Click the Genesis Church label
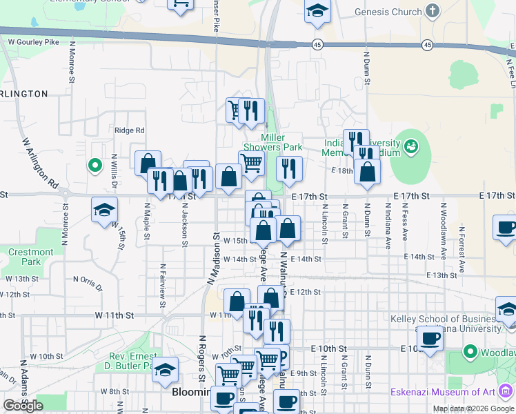coord(387,12)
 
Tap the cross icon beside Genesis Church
coord(433,11)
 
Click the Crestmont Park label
coord(31,257)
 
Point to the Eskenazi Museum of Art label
coord(453,392)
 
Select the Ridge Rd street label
coord(130,130)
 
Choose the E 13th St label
coord(447,275)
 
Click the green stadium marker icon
coord(412,146)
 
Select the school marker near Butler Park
coord(165,370)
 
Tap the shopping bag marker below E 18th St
coord(368,171)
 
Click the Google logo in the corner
coord(23,406)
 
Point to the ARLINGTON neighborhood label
coord(23,94)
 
